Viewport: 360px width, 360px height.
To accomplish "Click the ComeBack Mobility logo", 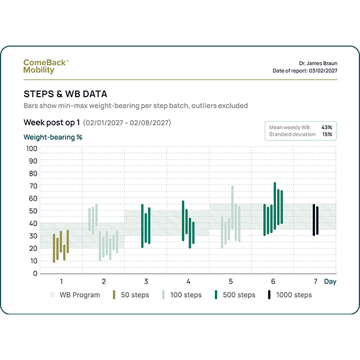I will (x=47, y=66).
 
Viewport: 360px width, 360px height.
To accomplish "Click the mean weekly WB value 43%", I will (x=326, y=127).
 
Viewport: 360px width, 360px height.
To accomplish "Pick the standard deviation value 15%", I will (x=327, y=134).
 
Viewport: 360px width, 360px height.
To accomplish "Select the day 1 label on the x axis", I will (x=61, y=281).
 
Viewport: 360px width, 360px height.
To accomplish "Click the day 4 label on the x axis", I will (x=188, y=281).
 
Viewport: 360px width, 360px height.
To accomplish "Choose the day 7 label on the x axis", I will (x=315, y=281).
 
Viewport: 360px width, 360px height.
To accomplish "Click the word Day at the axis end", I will (x=331, y=281).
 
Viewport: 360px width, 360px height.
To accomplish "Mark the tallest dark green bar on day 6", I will (x=275, y=205).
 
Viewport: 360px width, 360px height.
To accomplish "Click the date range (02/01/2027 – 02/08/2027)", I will (x=128, y=123).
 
